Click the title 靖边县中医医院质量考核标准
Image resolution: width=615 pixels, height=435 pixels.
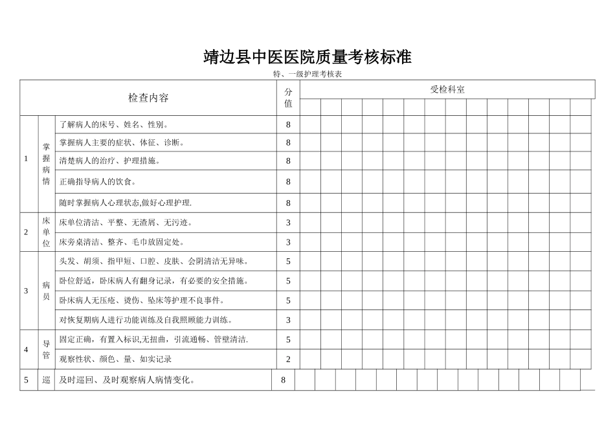(x=307, y=57)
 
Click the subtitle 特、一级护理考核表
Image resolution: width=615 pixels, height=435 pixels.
(x=307, y=74)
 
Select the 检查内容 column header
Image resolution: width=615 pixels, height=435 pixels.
(x=148, y=98)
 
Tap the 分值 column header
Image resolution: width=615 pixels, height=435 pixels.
(x=288, y=98)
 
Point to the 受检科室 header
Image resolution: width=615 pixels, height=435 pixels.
(x=447, y=89)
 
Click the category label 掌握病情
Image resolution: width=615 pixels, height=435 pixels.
(x=46, y=164)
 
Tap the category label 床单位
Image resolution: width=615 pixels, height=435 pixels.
(x=46, y=232)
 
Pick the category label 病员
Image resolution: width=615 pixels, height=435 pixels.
(x=46, y=290)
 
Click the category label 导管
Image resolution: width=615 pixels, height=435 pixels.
(x=46, y=349)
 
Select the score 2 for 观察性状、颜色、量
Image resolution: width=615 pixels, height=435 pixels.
(x=288, y=359)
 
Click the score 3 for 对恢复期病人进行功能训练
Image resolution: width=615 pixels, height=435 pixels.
(x=288, y=320)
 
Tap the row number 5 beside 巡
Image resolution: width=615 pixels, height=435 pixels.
(x=27, y=380)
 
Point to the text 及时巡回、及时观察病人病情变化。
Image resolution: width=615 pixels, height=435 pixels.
(x=128, y=380)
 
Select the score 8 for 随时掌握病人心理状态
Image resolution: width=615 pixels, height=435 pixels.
(x=288, y=203)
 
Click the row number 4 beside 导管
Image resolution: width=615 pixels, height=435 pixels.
(x=27, y=349)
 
